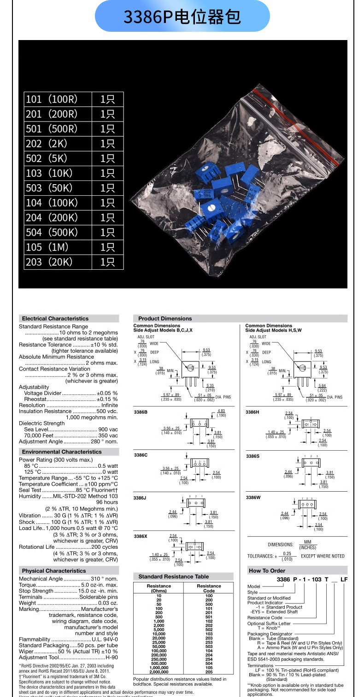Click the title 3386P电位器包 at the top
(182, 17)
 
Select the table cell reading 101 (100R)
(52, 99)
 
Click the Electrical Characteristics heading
(55, 319)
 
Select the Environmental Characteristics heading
(62, 452)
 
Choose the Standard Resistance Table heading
(173, 576)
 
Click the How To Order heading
(267, 571)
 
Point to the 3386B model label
(141, 412)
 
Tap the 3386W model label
(253, 498)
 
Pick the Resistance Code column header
(209, 588)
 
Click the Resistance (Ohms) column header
(159, 588)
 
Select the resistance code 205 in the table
(209, 672)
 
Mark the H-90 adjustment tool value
(112, 657)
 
